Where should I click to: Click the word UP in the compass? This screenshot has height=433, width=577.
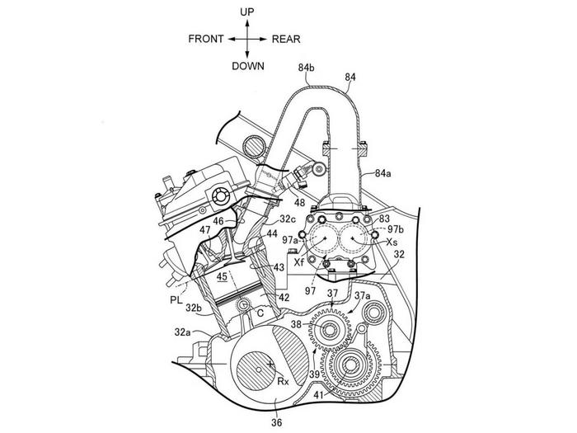pos(246,12)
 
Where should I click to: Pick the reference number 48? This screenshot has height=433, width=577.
pos(299,203)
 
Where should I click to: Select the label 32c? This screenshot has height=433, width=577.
pos(288,219)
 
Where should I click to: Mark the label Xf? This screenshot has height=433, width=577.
pos(299,260)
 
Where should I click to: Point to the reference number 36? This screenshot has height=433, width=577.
pos(277,422)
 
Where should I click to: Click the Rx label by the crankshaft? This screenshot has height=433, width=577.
pos(282,381)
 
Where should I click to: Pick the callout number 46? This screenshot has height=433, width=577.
pos(219,222)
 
